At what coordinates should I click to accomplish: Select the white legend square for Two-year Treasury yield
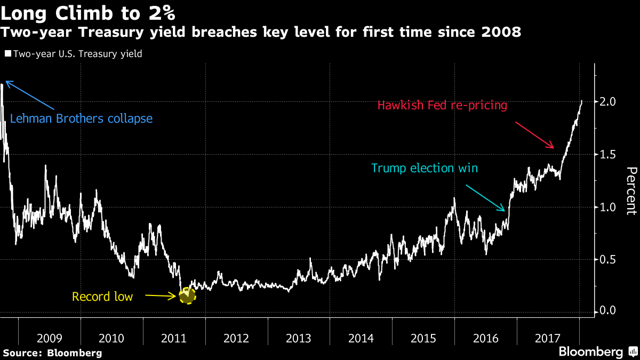(8, 54)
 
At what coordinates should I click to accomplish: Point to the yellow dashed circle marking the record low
(187, 295)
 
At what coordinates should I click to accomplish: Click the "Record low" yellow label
(102, 297)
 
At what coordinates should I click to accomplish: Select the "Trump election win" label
(425, 169)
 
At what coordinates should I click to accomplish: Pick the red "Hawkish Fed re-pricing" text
(442, 105)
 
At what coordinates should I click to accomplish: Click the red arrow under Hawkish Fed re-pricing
(535, 135)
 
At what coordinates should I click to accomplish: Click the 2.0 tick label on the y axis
(608, 101)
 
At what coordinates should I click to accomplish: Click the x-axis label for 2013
(299, 338)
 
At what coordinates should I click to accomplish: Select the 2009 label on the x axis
(50, 338)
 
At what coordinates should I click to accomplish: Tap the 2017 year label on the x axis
(548, 338)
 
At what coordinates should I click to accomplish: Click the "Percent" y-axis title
(631, 191)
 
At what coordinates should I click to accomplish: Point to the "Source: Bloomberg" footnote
(52, 353)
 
